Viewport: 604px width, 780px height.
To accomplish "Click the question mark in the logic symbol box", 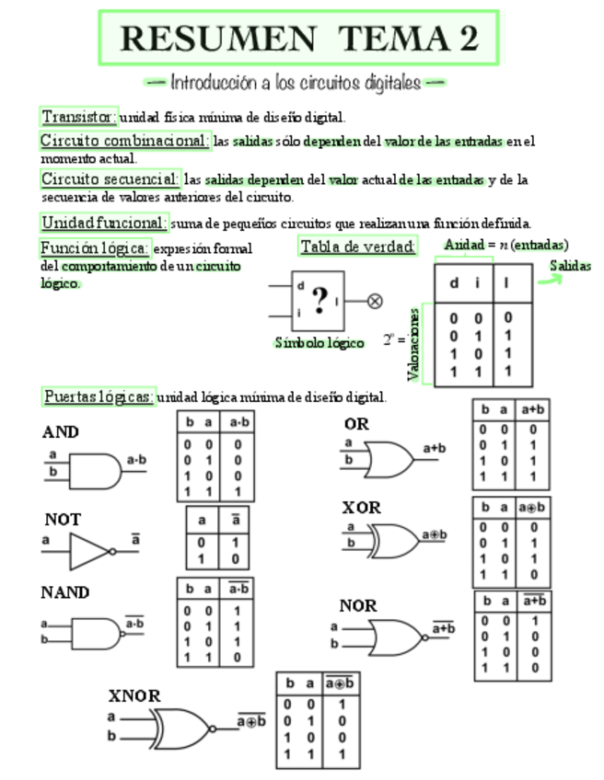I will (319, 300).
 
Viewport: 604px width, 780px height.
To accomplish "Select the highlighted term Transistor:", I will (79, 117).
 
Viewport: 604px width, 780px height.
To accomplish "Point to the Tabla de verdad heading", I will (357, 247).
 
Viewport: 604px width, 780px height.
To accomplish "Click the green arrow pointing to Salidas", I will (549, 279).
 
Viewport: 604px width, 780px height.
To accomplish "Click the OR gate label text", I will (356, 425).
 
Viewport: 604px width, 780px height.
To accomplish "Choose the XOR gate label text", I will (361, 508).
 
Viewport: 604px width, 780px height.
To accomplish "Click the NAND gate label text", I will (64, 592).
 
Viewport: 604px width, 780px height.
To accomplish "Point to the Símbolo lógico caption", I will (319, 342).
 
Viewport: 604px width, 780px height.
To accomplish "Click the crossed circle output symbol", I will (375, 300).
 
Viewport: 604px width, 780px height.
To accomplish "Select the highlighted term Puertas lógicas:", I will (99, 397).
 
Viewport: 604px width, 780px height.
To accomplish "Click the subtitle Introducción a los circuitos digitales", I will (296, 83).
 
